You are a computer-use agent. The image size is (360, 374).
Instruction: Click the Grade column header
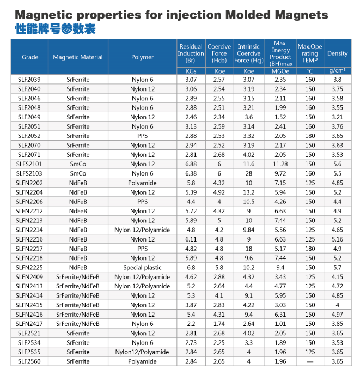coord(30,57)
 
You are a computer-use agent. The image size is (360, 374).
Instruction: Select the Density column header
coord(337,53)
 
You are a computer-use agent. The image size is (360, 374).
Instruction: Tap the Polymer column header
coord(142,57)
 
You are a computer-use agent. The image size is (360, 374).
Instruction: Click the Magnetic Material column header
coord(78,57)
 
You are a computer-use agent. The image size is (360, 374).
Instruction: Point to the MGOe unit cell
coord(280,71)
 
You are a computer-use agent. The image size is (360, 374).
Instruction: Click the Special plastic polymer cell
coord(142,268)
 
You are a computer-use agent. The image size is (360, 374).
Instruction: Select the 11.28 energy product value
coord(280,164)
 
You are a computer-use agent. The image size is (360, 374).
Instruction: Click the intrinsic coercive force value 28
coord(249,173)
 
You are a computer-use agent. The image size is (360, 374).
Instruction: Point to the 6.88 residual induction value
coord(191,164)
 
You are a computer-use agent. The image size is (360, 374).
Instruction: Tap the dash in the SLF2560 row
coord(310,361)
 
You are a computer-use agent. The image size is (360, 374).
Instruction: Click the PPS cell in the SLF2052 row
coord(142,136)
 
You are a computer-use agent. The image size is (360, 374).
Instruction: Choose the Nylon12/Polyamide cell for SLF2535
coord(142,352)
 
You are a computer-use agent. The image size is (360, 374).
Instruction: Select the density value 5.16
coord(337,239)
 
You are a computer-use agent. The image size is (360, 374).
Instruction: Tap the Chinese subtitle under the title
coord(54,29)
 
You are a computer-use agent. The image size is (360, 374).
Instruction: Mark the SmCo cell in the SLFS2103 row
coord(78,173)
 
